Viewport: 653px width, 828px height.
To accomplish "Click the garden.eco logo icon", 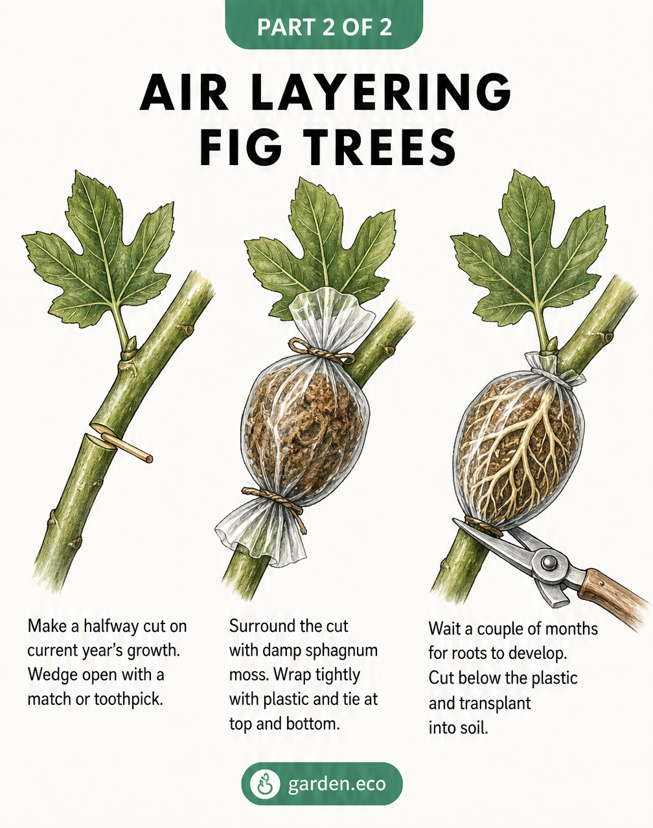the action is click(x=264, y=784).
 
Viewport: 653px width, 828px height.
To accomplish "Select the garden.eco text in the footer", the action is click(x=337, y=784).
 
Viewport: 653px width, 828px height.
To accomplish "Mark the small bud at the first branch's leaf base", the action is click(x=132, y=343).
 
